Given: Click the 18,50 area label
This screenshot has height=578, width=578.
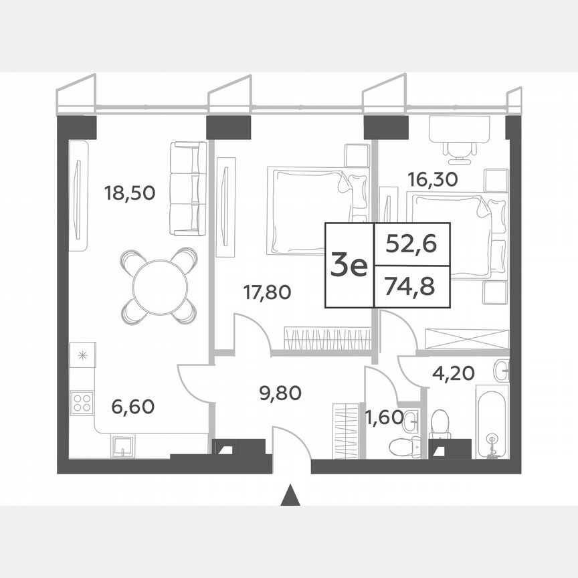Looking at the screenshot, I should pyautogui.click(x=130, y=193).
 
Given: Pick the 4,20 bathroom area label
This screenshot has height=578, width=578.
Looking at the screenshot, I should pyautogui.click(x=450, y=373).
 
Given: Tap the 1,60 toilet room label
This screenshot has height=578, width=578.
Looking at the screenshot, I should pyautogui.click(x=384, y=419).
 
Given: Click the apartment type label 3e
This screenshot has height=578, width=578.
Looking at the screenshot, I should pyautogui.click(x=349, y=267).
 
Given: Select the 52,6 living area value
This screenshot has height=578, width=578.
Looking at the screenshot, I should pyautogui.click(x=411, y=244).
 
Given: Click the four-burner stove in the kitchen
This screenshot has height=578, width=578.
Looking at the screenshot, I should pyautogui.click(x=82, y=402).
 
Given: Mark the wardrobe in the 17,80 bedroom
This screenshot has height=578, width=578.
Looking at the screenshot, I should pyautogui.click(x=327, y=338).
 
